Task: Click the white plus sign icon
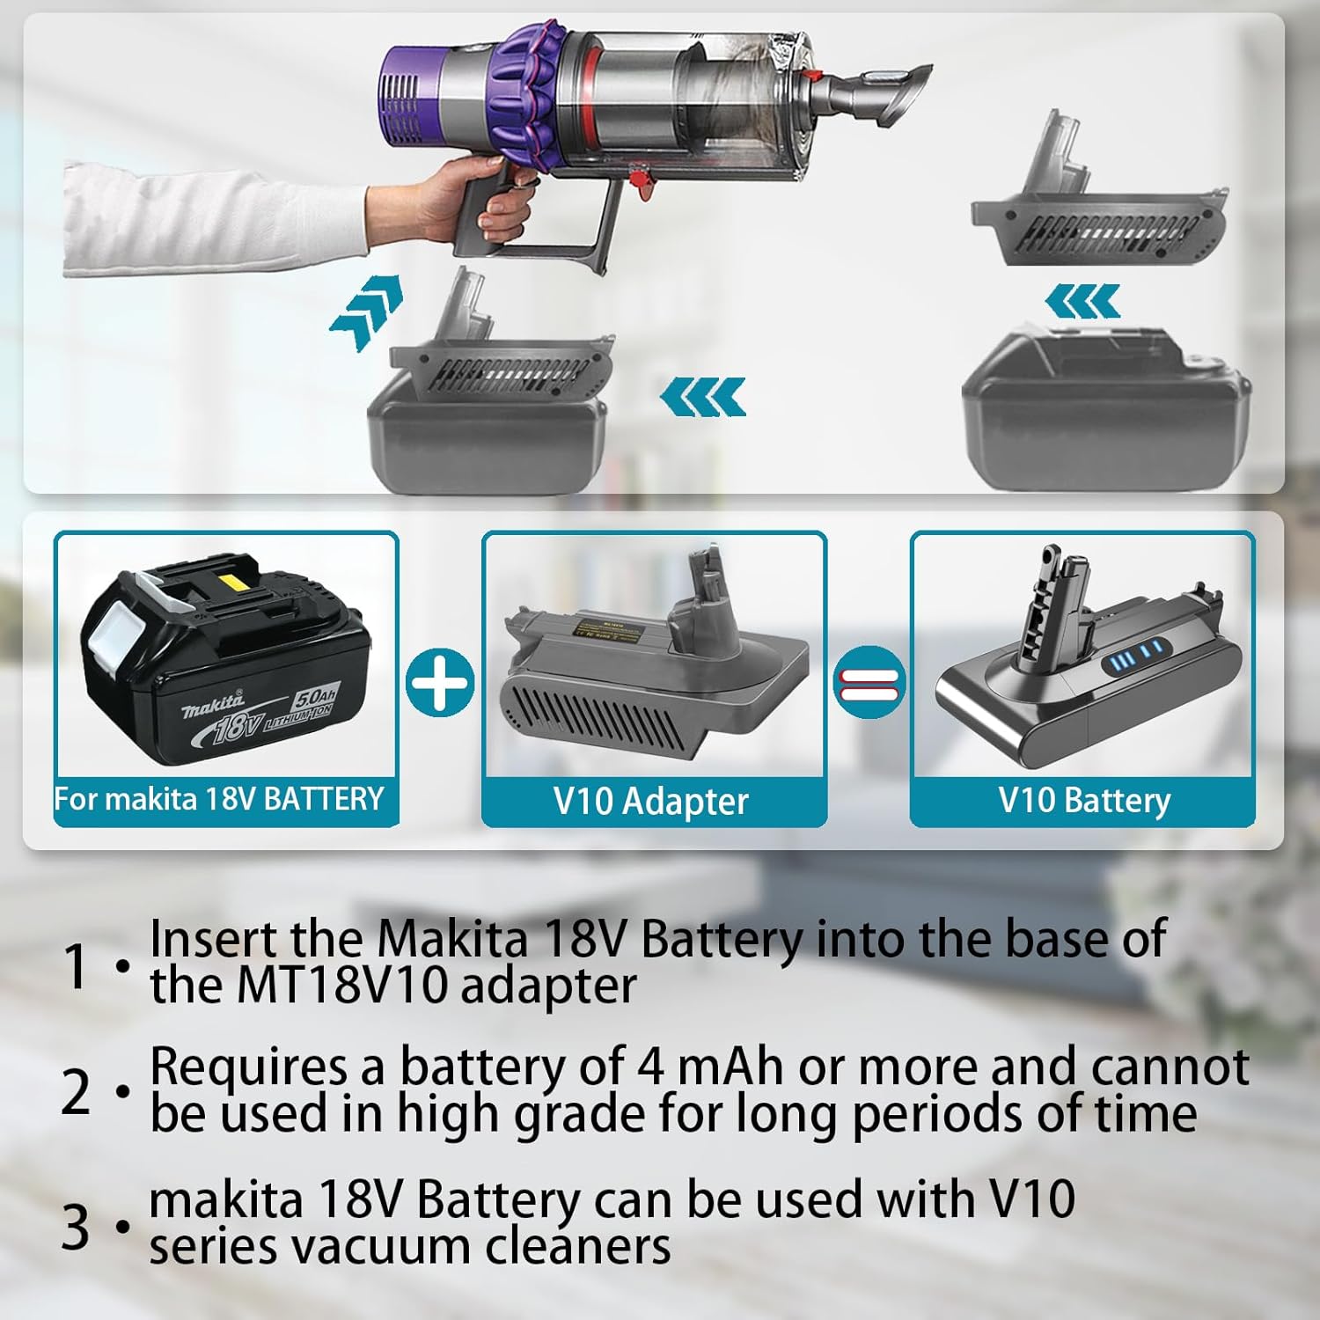pos(440,682)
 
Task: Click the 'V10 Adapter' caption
pos(651,802)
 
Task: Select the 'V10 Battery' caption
pos(1084,800)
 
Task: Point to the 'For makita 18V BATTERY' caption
pos(219,798)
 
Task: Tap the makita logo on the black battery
pos(213,706)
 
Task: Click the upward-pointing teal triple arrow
pos(367,310)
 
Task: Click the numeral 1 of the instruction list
pos(77,965)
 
